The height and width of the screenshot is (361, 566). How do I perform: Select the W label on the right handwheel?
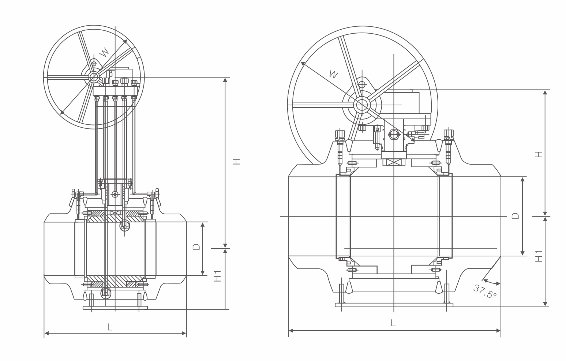point(333,74)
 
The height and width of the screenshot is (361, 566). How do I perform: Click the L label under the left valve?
point(110,327)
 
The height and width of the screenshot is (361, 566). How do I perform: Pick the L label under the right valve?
point(393,323)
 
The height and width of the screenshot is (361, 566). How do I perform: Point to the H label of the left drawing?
point(237,161)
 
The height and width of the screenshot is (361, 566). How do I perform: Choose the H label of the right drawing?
point(539,154)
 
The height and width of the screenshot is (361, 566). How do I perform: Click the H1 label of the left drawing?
point(218,276)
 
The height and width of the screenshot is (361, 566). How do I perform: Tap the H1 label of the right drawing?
point(539,256)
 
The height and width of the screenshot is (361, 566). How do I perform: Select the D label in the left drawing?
point(196,247)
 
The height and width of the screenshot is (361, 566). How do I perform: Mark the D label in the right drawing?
point(515,215)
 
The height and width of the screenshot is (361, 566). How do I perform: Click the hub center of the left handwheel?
point(94,77)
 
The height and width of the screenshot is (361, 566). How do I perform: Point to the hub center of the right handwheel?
point(362,105)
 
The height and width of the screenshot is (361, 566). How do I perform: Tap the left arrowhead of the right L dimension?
point(291,331)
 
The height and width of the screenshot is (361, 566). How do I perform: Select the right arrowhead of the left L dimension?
point(184,333)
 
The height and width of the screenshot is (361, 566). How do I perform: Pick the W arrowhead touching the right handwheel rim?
point(303,64)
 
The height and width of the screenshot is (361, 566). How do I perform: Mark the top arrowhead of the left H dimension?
point(225,80)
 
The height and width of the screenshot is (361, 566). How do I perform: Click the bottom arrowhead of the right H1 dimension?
point(545,304)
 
